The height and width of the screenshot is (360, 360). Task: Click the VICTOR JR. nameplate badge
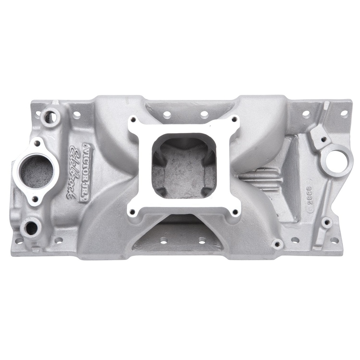click(88, 172)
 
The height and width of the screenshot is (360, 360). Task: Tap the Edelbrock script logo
click(75, 172)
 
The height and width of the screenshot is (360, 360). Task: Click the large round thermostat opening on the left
click(37, 171)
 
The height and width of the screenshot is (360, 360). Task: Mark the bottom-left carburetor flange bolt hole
click(133, 212)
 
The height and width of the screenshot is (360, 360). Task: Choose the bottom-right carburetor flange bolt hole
click(234, 212)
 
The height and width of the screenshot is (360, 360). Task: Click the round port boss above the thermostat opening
click(50, 117)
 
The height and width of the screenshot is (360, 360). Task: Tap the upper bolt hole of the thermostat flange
click(37, 143)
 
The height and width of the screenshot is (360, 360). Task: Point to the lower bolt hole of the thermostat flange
click(35, 199)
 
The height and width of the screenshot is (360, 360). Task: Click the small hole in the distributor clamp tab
click(323, 139)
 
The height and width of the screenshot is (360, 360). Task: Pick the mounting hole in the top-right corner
click(344, 113)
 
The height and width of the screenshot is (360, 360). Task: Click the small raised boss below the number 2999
click(327, 222)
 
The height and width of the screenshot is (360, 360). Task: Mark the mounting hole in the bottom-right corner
click(334, 240)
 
